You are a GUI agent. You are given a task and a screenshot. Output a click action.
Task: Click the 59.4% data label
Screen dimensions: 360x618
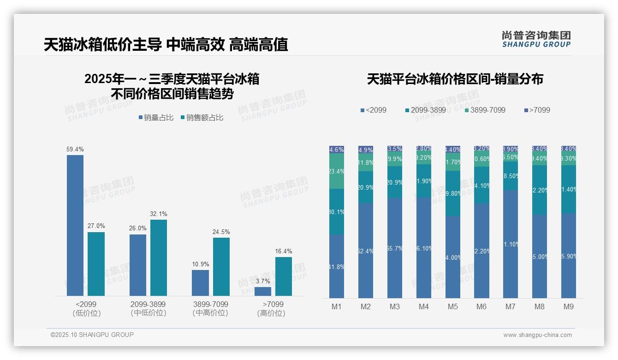pos(75,150)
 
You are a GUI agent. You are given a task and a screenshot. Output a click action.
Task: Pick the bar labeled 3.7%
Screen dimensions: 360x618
pos(263,291)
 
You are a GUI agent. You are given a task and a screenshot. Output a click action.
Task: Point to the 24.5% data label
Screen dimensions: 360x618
pos(221,232)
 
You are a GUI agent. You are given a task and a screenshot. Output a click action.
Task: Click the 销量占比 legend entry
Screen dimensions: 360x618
pos(156,118)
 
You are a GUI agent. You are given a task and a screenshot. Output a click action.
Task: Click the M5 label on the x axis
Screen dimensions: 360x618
pos(453,306)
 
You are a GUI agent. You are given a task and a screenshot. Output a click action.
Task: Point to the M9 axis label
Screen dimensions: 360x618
pos(569,306)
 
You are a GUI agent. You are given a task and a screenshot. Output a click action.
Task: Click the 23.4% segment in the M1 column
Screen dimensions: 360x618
pos(337,171)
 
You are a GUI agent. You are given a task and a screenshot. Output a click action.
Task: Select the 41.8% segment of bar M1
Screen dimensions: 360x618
pos(337,266)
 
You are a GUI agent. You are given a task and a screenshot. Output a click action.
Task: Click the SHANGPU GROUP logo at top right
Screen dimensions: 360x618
pos(536,39)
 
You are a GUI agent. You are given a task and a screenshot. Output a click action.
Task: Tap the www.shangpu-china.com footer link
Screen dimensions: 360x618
pos(537,335)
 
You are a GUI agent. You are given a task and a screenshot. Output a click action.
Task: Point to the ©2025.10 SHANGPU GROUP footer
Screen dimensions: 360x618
pos(92,335)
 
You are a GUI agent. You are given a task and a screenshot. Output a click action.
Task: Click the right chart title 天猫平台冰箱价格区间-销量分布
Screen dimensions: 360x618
pos(455,79)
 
